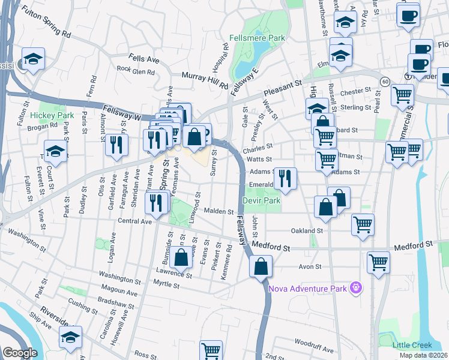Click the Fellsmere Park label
[257, 38]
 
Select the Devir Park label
[262, 200]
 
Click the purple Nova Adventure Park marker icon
[356, 289]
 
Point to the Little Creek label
[412, 345]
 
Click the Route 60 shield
[385, 80]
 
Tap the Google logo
[20, 352]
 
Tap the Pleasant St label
[282, 89]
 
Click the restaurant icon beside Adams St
[285, 178]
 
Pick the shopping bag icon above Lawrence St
[181, 258]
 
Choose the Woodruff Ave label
[314, 341]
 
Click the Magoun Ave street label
[119, 292]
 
